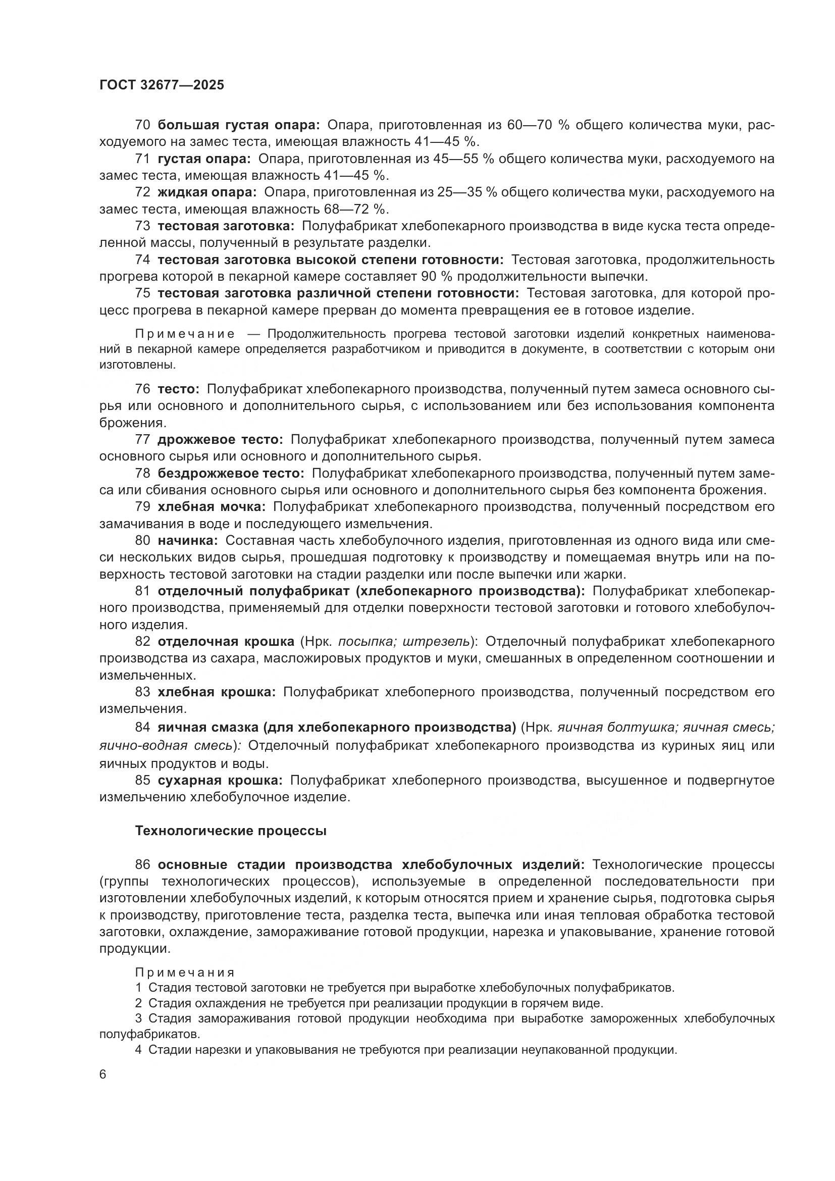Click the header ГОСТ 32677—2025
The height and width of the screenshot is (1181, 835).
click(x=162, y=85)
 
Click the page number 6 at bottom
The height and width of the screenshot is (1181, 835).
click(x=103, y=1074)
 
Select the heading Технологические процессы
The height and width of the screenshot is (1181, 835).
click(x=230, y=831)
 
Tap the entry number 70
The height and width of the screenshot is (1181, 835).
click(x=142, y=125)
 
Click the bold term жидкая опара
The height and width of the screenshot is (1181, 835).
click(x=206, y=192)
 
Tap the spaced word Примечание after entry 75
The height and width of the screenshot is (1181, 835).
click(x=185, y=334)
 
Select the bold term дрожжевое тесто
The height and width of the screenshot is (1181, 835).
click(x=220, y=440)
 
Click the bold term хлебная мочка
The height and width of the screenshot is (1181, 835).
click(x=212, y=507)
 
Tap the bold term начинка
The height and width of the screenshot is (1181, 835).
click(x=188, y=541)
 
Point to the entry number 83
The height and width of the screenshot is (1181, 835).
click(x=142, y=692)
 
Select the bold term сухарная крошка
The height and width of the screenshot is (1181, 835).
click(x=220, y=780)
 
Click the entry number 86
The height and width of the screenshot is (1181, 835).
click(x=142, y=864)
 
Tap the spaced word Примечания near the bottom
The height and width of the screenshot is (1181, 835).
click(x=185, y=972)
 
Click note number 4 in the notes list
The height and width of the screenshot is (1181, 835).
click(x=138, y=1050)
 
